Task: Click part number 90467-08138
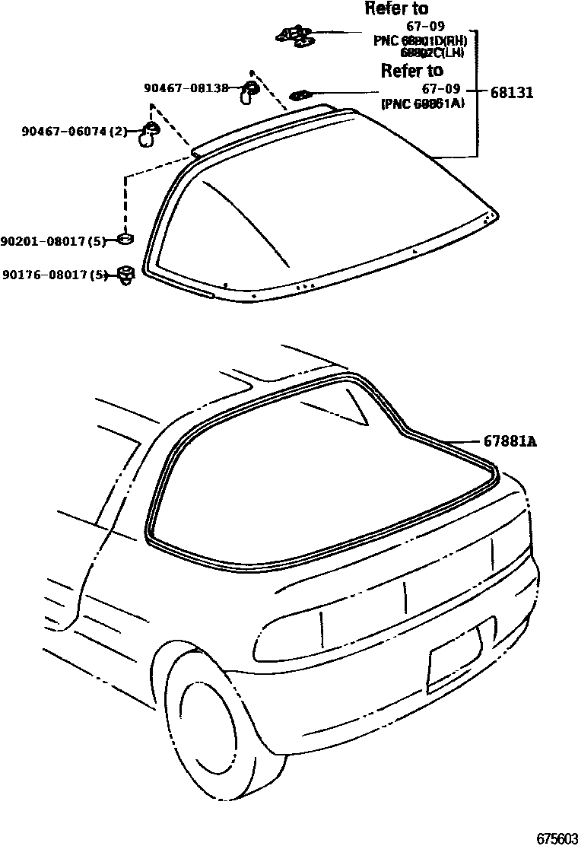point(186,88)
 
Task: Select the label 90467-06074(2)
point(74,132)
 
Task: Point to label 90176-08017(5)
point(55,275)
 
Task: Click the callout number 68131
point(511,93)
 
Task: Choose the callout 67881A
point(510,440)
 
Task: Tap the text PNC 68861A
point(423,104)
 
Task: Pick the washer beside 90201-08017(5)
point(125,240)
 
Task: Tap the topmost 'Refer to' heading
point(396,9)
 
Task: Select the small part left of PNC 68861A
point(300,95)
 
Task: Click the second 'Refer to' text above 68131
point(411,71)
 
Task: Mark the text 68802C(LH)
point(432,52)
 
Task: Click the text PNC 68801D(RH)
point(419,40)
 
